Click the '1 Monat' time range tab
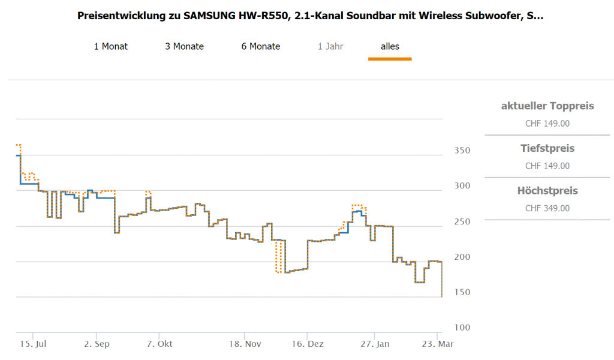pos(111,46)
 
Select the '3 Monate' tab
pos(185,46)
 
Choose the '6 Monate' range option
pos(261,46)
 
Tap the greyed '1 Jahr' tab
pos(330,46)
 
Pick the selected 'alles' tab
pos(390,46)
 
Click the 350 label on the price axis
pos(461,150)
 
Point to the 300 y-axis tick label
pos(461,185)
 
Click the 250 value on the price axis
pos(461,221)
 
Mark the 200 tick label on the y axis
pos(461,257)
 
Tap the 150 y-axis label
pos(461,292)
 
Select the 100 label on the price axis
pos(461,328)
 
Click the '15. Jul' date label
pos(34,344)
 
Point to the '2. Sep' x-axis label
pos(97,344)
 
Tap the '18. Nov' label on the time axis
pos(245,344)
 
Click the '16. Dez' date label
pos(307,344)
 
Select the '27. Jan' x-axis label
pos(375,344)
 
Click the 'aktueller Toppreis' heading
pos(547,106)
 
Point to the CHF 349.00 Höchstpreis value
pos(547,209)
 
